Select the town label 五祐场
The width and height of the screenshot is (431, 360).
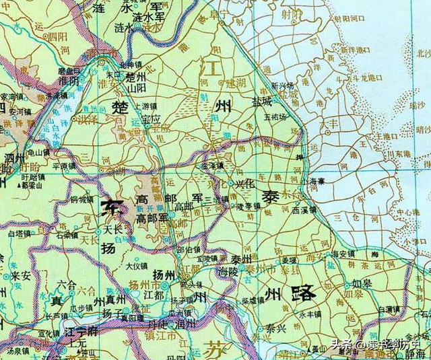tap(275, 116)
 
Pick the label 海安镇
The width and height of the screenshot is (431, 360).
tap(345, 254)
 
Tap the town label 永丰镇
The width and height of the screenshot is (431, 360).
tap(312, 314)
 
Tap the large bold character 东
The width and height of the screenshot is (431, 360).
tap(112, 208)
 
